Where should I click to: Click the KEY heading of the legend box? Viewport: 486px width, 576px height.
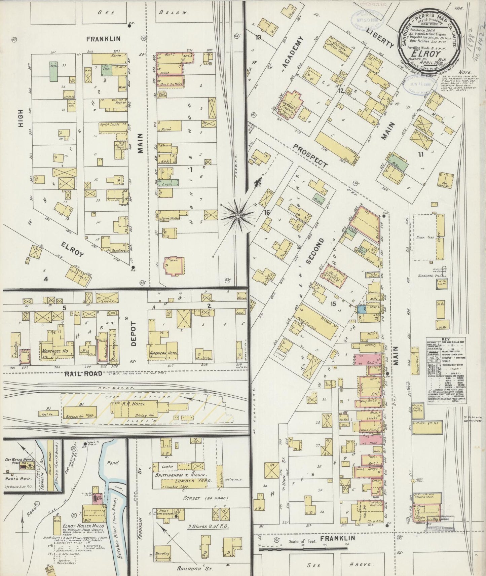pyautogui.click(x=445, y=340)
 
